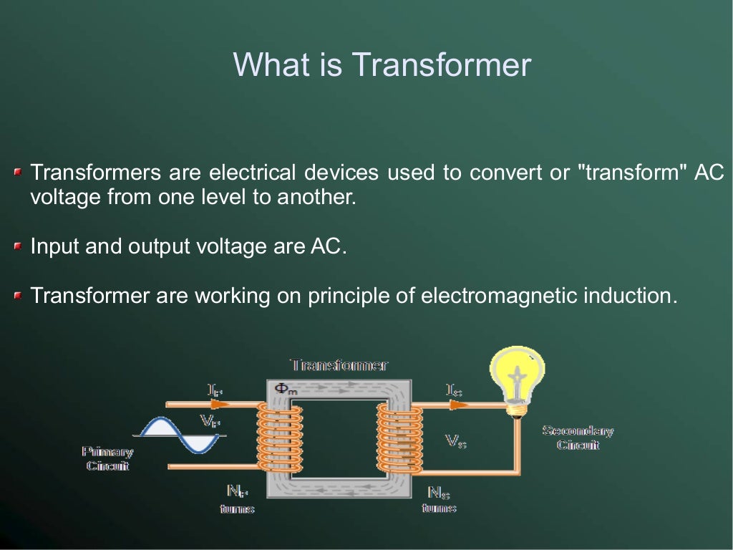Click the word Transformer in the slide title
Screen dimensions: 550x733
pos(441,64)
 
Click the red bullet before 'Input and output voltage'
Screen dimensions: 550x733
pos(18,247)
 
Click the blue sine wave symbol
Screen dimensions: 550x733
pos(179,435)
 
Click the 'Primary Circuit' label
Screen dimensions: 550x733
pos(107,458)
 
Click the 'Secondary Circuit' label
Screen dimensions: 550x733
pos(578,438)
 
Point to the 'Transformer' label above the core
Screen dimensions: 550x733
pos(339,365)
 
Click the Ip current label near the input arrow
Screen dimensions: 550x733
pos(215,390)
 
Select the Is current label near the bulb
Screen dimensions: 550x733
pos(454,390)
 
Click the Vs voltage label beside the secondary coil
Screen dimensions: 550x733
pos(456,441)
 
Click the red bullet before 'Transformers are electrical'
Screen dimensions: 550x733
pos(18,173)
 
